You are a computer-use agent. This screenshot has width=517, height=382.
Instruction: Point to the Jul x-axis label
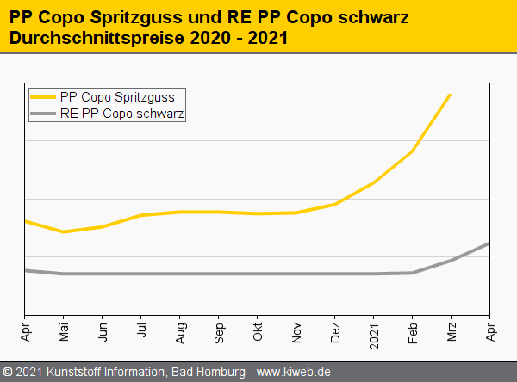click(140, 331)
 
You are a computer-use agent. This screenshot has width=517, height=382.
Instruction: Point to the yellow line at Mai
click(63, 231)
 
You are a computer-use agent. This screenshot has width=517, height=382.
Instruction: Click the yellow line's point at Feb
click(413, 151)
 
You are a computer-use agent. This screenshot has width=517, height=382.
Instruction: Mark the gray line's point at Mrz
click(451, 260)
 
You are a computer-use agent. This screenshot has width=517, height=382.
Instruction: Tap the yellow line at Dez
click(334, 205)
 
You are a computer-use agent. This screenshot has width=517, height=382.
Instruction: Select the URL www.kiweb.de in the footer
click(294, 372)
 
